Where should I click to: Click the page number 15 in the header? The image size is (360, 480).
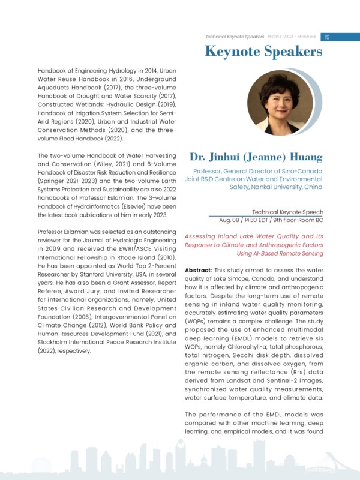328,37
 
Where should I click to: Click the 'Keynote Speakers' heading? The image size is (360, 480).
263,52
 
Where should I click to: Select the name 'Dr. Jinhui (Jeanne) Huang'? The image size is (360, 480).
256,158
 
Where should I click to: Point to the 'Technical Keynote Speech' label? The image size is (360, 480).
287,212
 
